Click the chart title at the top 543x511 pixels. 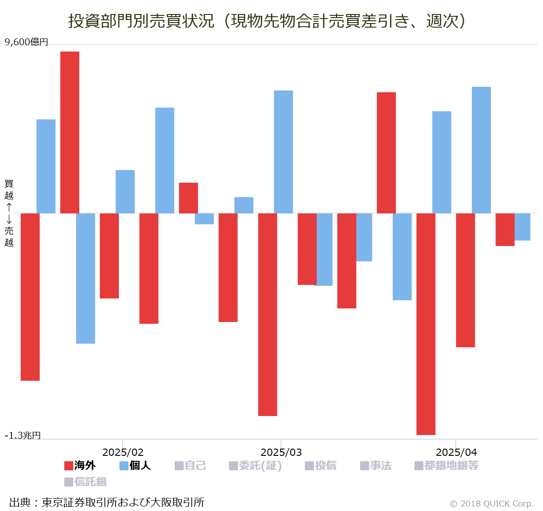coord(267,21)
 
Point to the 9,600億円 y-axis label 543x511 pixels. coord(26,42)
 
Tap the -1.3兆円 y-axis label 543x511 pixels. coord(23,435)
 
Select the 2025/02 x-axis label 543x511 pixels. coord(123,452)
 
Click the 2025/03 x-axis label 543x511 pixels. coord(281,452)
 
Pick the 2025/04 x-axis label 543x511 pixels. coord(456,452)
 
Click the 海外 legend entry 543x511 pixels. coord(80,465)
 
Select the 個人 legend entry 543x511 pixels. coord(135,465)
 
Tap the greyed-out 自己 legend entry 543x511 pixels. coord(191,465)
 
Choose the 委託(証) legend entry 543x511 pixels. coord(256,465)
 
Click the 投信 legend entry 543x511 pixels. coord(321,465)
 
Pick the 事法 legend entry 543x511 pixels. coord(376,465)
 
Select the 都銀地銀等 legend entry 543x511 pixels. coord(447,465)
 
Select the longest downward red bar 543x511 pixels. coord(426,324)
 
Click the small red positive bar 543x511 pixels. coord(188,198)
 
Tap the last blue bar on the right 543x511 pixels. coord(523,227)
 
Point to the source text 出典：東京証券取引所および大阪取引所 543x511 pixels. coord(107,502)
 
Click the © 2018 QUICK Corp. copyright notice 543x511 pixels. coord(491,503)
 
